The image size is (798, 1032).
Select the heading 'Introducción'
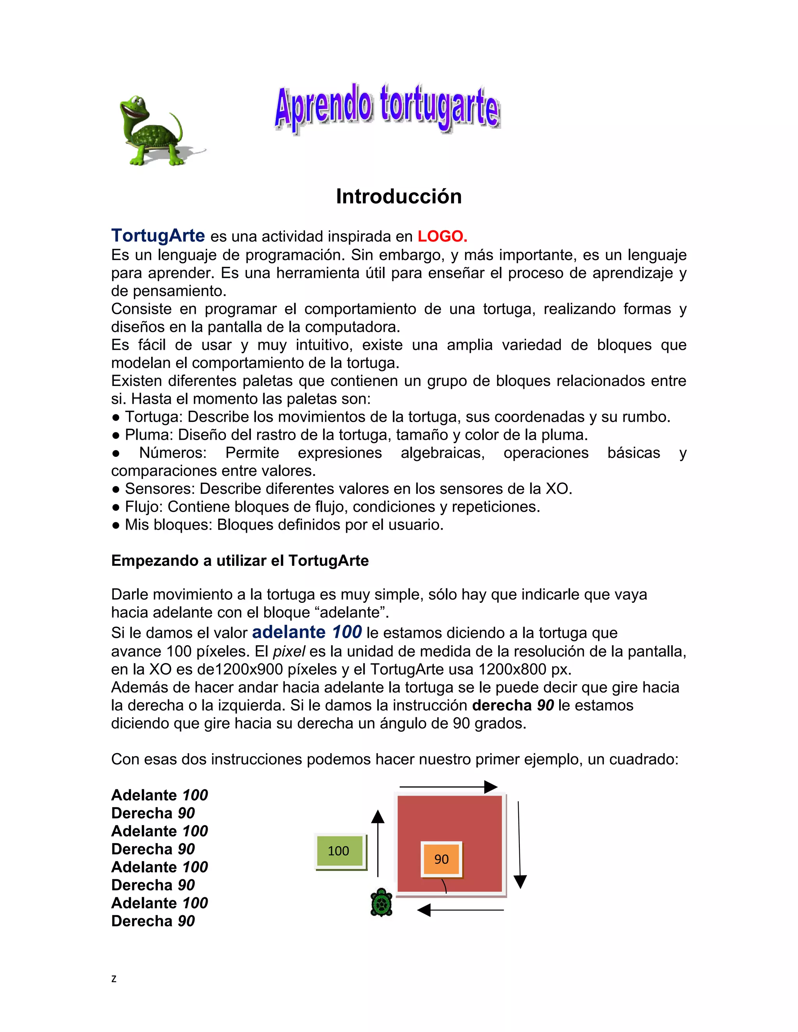[399, 197]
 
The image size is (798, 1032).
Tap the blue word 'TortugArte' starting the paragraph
[158, 235]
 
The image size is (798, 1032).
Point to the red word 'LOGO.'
[442, 236]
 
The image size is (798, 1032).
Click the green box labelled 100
[339, 851]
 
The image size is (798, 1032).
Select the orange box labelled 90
[441, 859]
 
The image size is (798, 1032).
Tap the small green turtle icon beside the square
[381, 903]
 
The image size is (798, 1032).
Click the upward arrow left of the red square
[378, 844]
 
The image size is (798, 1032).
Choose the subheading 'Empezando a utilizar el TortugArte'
[240, 561]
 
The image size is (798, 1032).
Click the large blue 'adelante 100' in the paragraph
[307, 632]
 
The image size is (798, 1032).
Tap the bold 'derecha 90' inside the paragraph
[513, 706]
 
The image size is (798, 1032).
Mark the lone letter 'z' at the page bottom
[113, 979]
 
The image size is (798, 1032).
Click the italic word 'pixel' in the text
[289, 652]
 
